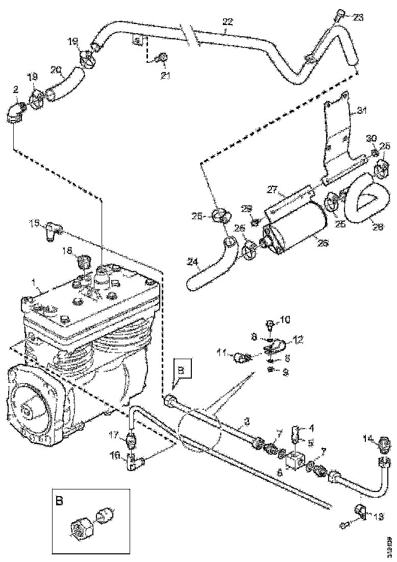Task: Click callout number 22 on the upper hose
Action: (x=228, y=21)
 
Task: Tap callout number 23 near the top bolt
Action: (x=358, y=17)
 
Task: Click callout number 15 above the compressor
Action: (x=34, y=223)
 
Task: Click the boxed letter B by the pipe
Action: (x=183, y=367)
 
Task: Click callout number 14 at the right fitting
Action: (x=369, y=438)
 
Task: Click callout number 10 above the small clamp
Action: (x=284, y=320)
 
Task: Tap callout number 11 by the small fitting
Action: (x=222, y=353)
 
